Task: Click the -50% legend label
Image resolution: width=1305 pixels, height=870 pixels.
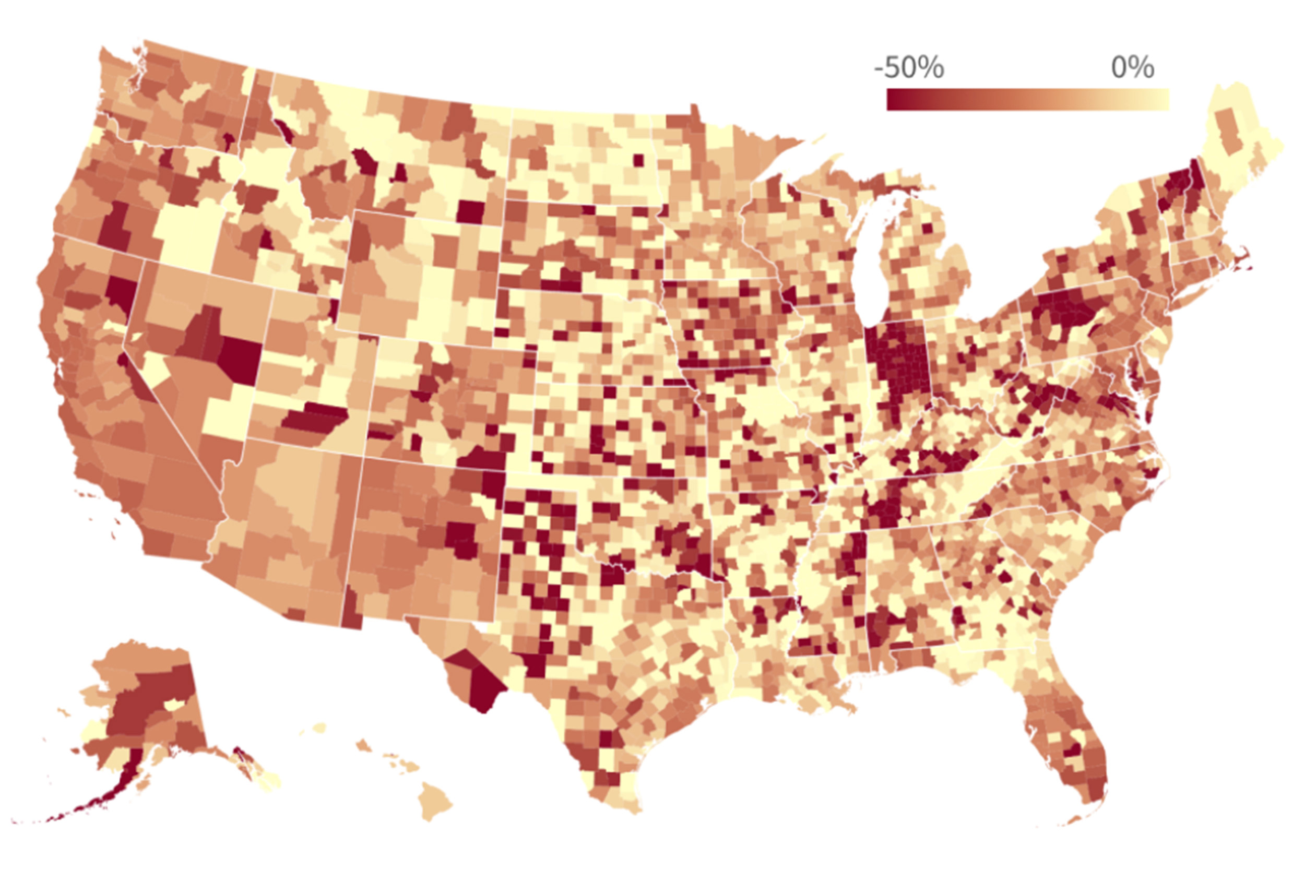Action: (908, 68)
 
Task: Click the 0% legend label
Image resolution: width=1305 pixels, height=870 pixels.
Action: (1132, 68)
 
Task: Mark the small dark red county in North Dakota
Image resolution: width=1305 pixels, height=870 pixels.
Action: (638, 160)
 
